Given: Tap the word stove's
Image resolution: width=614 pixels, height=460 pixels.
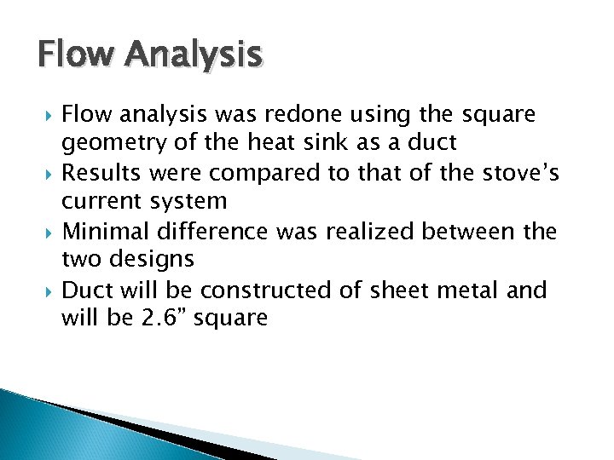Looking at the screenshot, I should click(518, 173).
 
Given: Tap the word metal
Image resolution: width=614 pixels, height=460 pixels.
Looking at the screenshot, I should click(472, 290).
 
